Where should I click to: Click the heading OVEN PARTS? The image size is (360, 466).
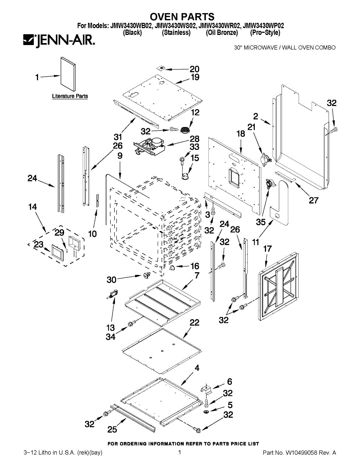[x=182, y=17]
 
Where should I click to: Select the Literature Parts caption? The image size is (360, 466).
[x=70, y=96]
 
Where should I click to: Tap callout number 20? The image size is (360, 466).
[x=194, y=70]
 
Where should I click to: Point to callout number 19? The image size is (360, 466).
[x=195, y=77]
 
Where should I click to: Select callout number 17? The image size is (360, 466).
[x=268, y=249]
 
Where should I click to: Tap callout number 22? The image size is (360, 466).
[x=194, y=322]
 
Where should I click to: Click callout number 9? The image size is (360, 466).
[x=120, y=156]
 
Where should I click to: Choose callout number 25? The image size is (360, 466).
[x=112, y=429]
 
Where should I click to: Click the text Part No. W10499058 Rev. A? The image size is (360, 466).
[x=299, y=453]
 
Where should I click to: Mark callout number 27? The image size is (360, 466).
[x=313, y=200]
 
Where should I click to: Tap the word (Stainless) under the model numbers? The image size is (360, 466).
[x=176, y=33]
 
